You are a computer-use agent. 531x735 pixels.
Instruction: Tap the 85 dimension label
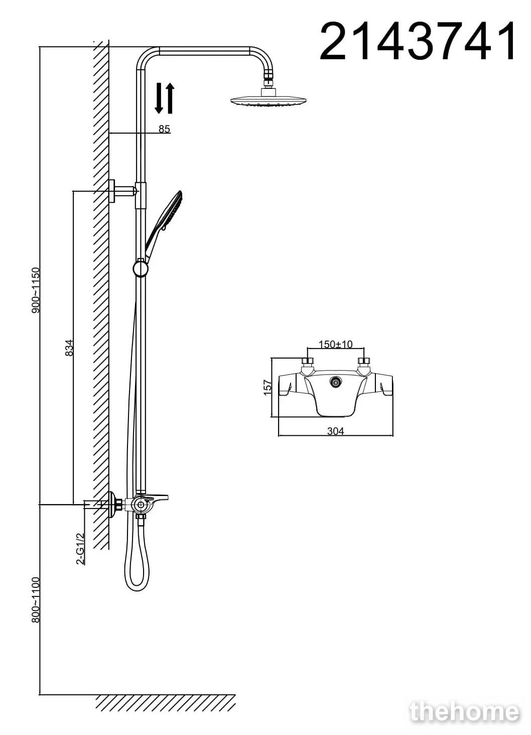coord(164,129)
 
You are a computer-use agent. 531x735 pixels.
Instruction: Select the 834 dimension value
coord(69,347)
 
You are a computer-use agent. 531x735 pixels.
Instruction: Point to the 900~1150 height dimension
coord(36,290)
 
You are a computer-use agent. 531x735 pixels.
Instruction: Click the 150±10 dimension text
coord(336,344)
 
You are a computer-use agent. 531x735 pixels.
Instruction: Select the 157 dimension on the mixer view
coord(268,388)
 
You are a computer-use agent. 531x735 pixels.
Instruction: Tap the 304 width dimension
coord(336,431)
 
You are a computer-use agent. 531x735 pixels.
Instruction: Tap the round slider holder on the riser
coord(141,268)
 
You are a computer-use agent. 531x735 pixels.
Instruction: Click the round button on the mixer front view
coord(336,382)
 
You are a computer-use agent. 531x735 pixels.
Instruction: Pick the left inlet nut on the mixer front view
coord(307,362)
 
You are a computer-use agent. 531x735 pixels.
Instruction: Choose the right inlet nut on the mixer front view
coord(364,362)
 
